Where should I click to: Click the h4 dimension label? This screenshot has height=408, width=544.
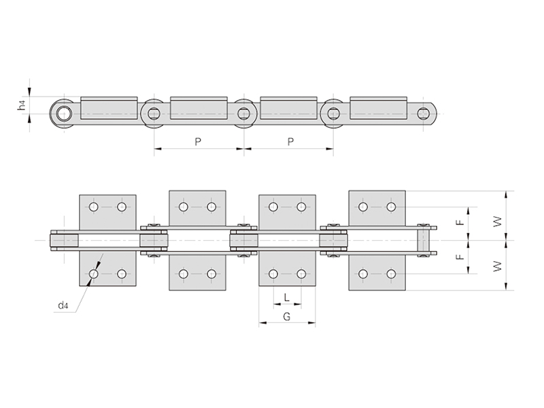pos(22,105)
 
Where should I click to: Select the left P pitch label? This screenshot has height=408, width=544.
pos(198,141)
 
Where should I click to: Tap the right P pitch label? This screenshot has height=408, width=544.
pos(290,141)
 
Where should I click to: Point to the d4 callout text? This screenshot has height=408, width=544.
pos(63,306)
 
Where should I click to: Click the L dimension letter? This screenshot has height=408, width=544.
pos(287,297)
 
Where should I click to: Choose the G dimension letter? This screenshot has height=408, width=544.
pos(286,317)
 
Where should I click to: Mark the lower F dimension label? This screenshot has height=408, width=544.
pos(460,257)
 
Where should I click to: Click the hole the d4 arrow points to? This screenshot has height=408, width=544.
pos(93,274)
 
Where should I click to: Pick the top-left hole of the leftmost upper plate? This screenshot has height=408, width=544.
pos(93,207)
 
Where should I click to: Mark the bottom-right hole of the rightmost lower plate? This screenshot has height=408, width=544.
pos(391,274)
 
